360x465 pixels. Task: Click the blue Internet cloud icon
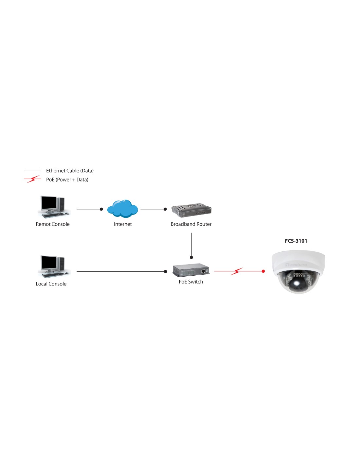coord(122,209)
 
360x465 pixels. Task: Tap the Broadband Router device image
coord(191,210)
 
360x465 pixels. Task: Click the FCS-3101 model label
coord(296,241)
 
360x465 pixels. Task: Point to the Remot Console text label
coord(52,224)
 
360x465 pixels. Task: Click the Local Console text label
coord(51,284)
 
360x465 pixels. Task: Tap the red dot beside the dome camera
coord(263,271)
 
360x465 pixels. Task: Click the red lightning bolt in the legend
coord(32,179)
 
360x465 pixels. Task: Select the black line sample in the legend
coord(32,170)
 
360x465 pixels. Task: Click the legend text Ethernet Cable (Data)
coord(70,171)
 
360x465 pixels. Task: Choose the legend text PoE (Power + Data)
coord(67,180)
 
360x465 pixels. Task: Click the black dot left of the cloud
coord(101,209)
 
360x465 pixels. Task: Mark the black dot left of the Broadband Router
coord(165,209)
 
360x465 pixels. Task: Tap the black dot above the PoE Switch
coord(191,257)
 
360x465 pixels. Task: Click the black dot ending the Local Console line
coord(165,271)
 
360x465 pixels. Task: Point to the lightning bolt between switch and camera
coord(237,271)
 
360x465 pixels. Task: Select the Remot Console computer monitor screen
coord(49,203)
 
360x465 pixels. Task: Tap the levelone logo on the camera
coord(296,265)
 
